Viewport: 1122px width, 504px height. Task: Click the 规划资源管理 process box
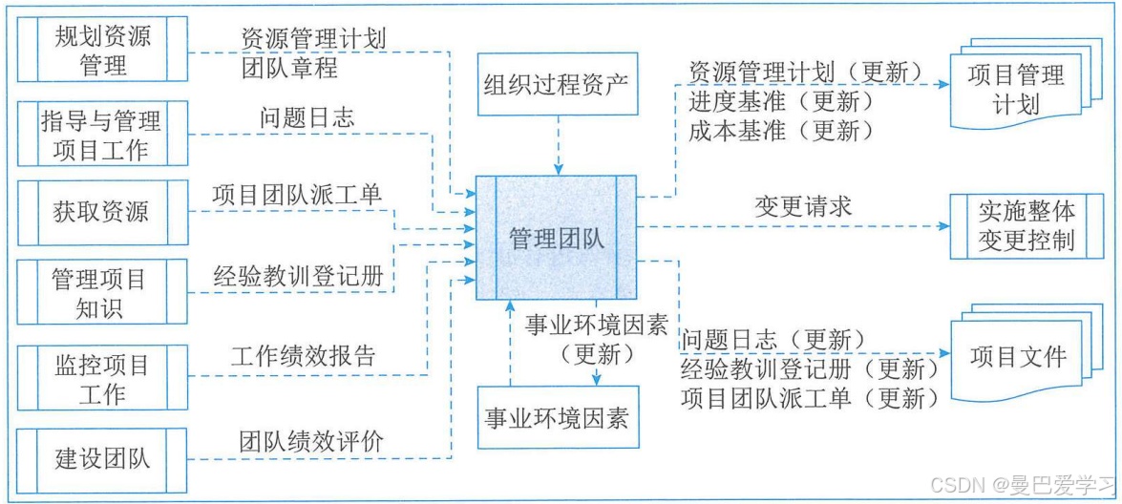102,52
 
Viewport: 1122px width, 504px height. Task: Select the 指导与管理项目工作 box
102,136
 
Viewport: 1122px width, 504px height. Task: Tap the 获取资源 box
102,211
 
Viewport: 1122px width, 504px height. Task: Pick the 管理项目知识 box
102,294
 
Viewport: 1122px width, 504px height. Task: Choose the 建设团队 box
102,458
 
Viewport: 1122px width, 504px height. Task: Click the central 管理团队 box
557,239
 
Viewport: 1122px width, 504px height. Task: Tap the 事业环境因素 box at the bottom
557,417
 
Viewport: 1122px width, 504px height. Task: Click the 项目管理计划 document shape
1016,88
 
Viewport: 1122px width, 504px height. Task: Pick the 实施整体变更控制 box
1027,226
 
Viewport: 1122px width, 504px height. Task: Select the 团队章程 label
289,69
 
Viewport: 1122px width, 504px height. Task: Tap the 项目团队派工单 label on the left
297,195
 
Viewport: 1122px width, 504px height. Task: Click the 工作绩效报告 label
304,357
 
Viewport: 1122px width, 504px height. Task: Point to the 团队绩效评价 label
311,441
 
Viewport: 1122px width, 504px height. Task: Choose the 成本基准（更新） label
780,131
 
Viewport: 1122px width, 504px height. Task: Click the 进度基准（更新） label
780,101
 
